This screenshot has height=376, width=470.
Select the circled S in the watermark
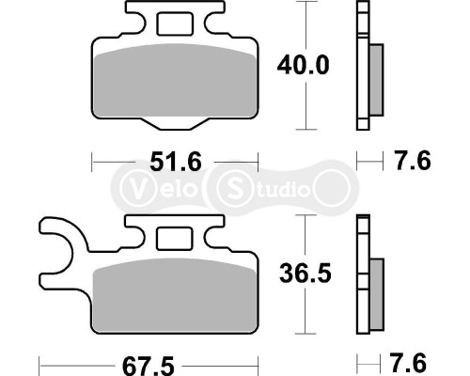pyautogui.click(x=231, y=188)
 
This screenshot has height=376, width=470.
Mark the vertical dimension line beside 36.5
pyautogui.click(x=307, y=310)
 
